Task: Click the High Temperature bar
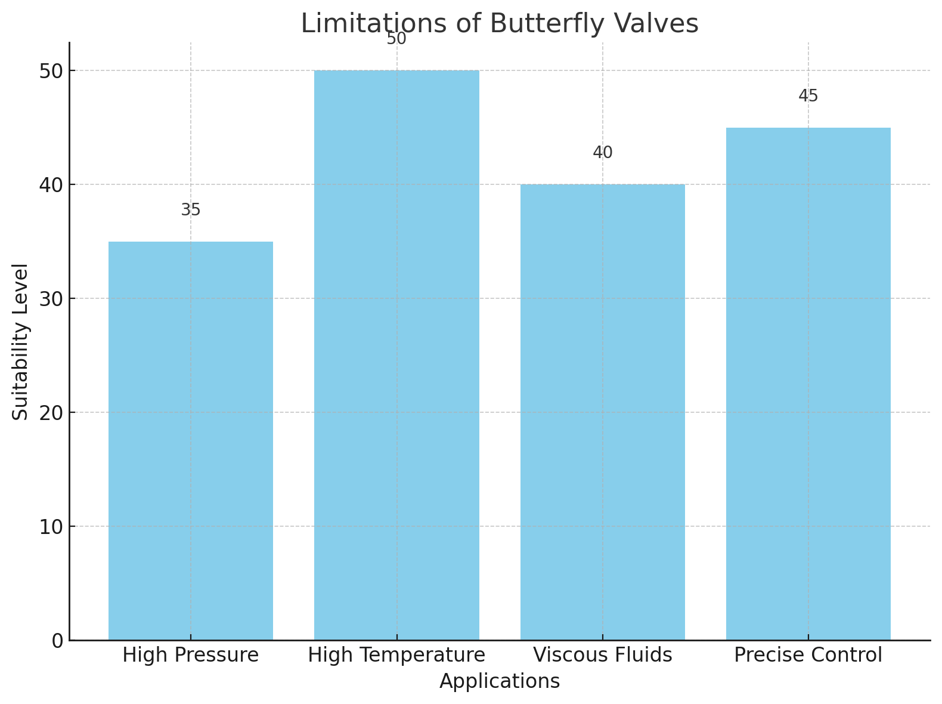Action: [x=396, y=355]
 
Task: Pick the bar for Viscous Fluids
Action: [x=602, y=412]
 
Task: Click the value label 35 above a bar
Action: [x=191, y=210]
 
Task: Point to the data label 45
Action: [x=808, y=96]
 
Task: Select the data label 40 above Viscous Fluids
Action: [x=602, y=153]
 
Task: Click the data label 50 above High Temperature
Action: [x=396, y=39]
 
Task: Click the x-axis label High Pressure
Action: [x=191, y=656]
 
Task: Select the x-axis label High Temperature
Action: [x=396, y=656]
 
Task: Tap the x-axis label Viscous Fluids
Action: [x=602, y=656]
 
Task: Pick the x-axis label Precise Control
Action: [x=808, y=656]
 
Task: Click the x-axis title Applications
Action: [x=500, y=681]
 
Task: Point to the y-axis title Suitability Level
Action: [x=21, y=341]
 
